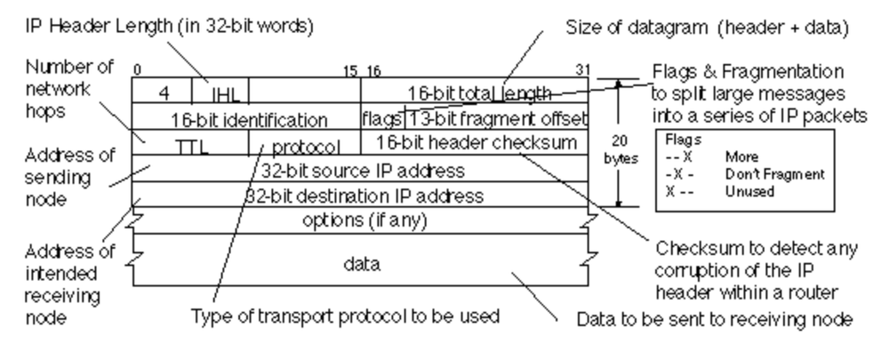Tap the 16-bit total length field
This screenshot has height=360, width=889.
tap(474, 92)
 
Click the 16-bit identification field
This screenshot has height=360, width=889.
tap(245, 118)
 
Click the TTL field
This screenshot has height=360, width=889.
tap(189, 144)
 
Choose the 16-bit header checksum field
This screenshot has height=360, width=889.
tap(475, 142)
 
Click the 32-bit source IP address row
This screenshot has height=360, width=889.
tap(361, 168)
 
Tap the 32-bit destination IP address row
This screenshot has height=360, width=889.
tap(361, 194)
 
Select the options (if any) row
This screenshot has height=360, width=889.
tap(361, 219)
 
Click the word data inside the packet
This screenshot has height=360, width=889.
tap(361, 264)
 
